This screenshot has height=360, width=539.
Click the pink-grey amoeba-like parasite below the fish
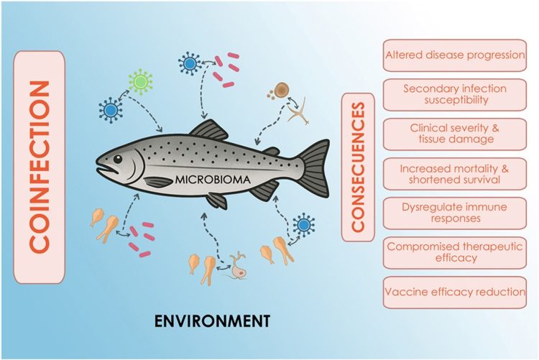click(x=237, y=267)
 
